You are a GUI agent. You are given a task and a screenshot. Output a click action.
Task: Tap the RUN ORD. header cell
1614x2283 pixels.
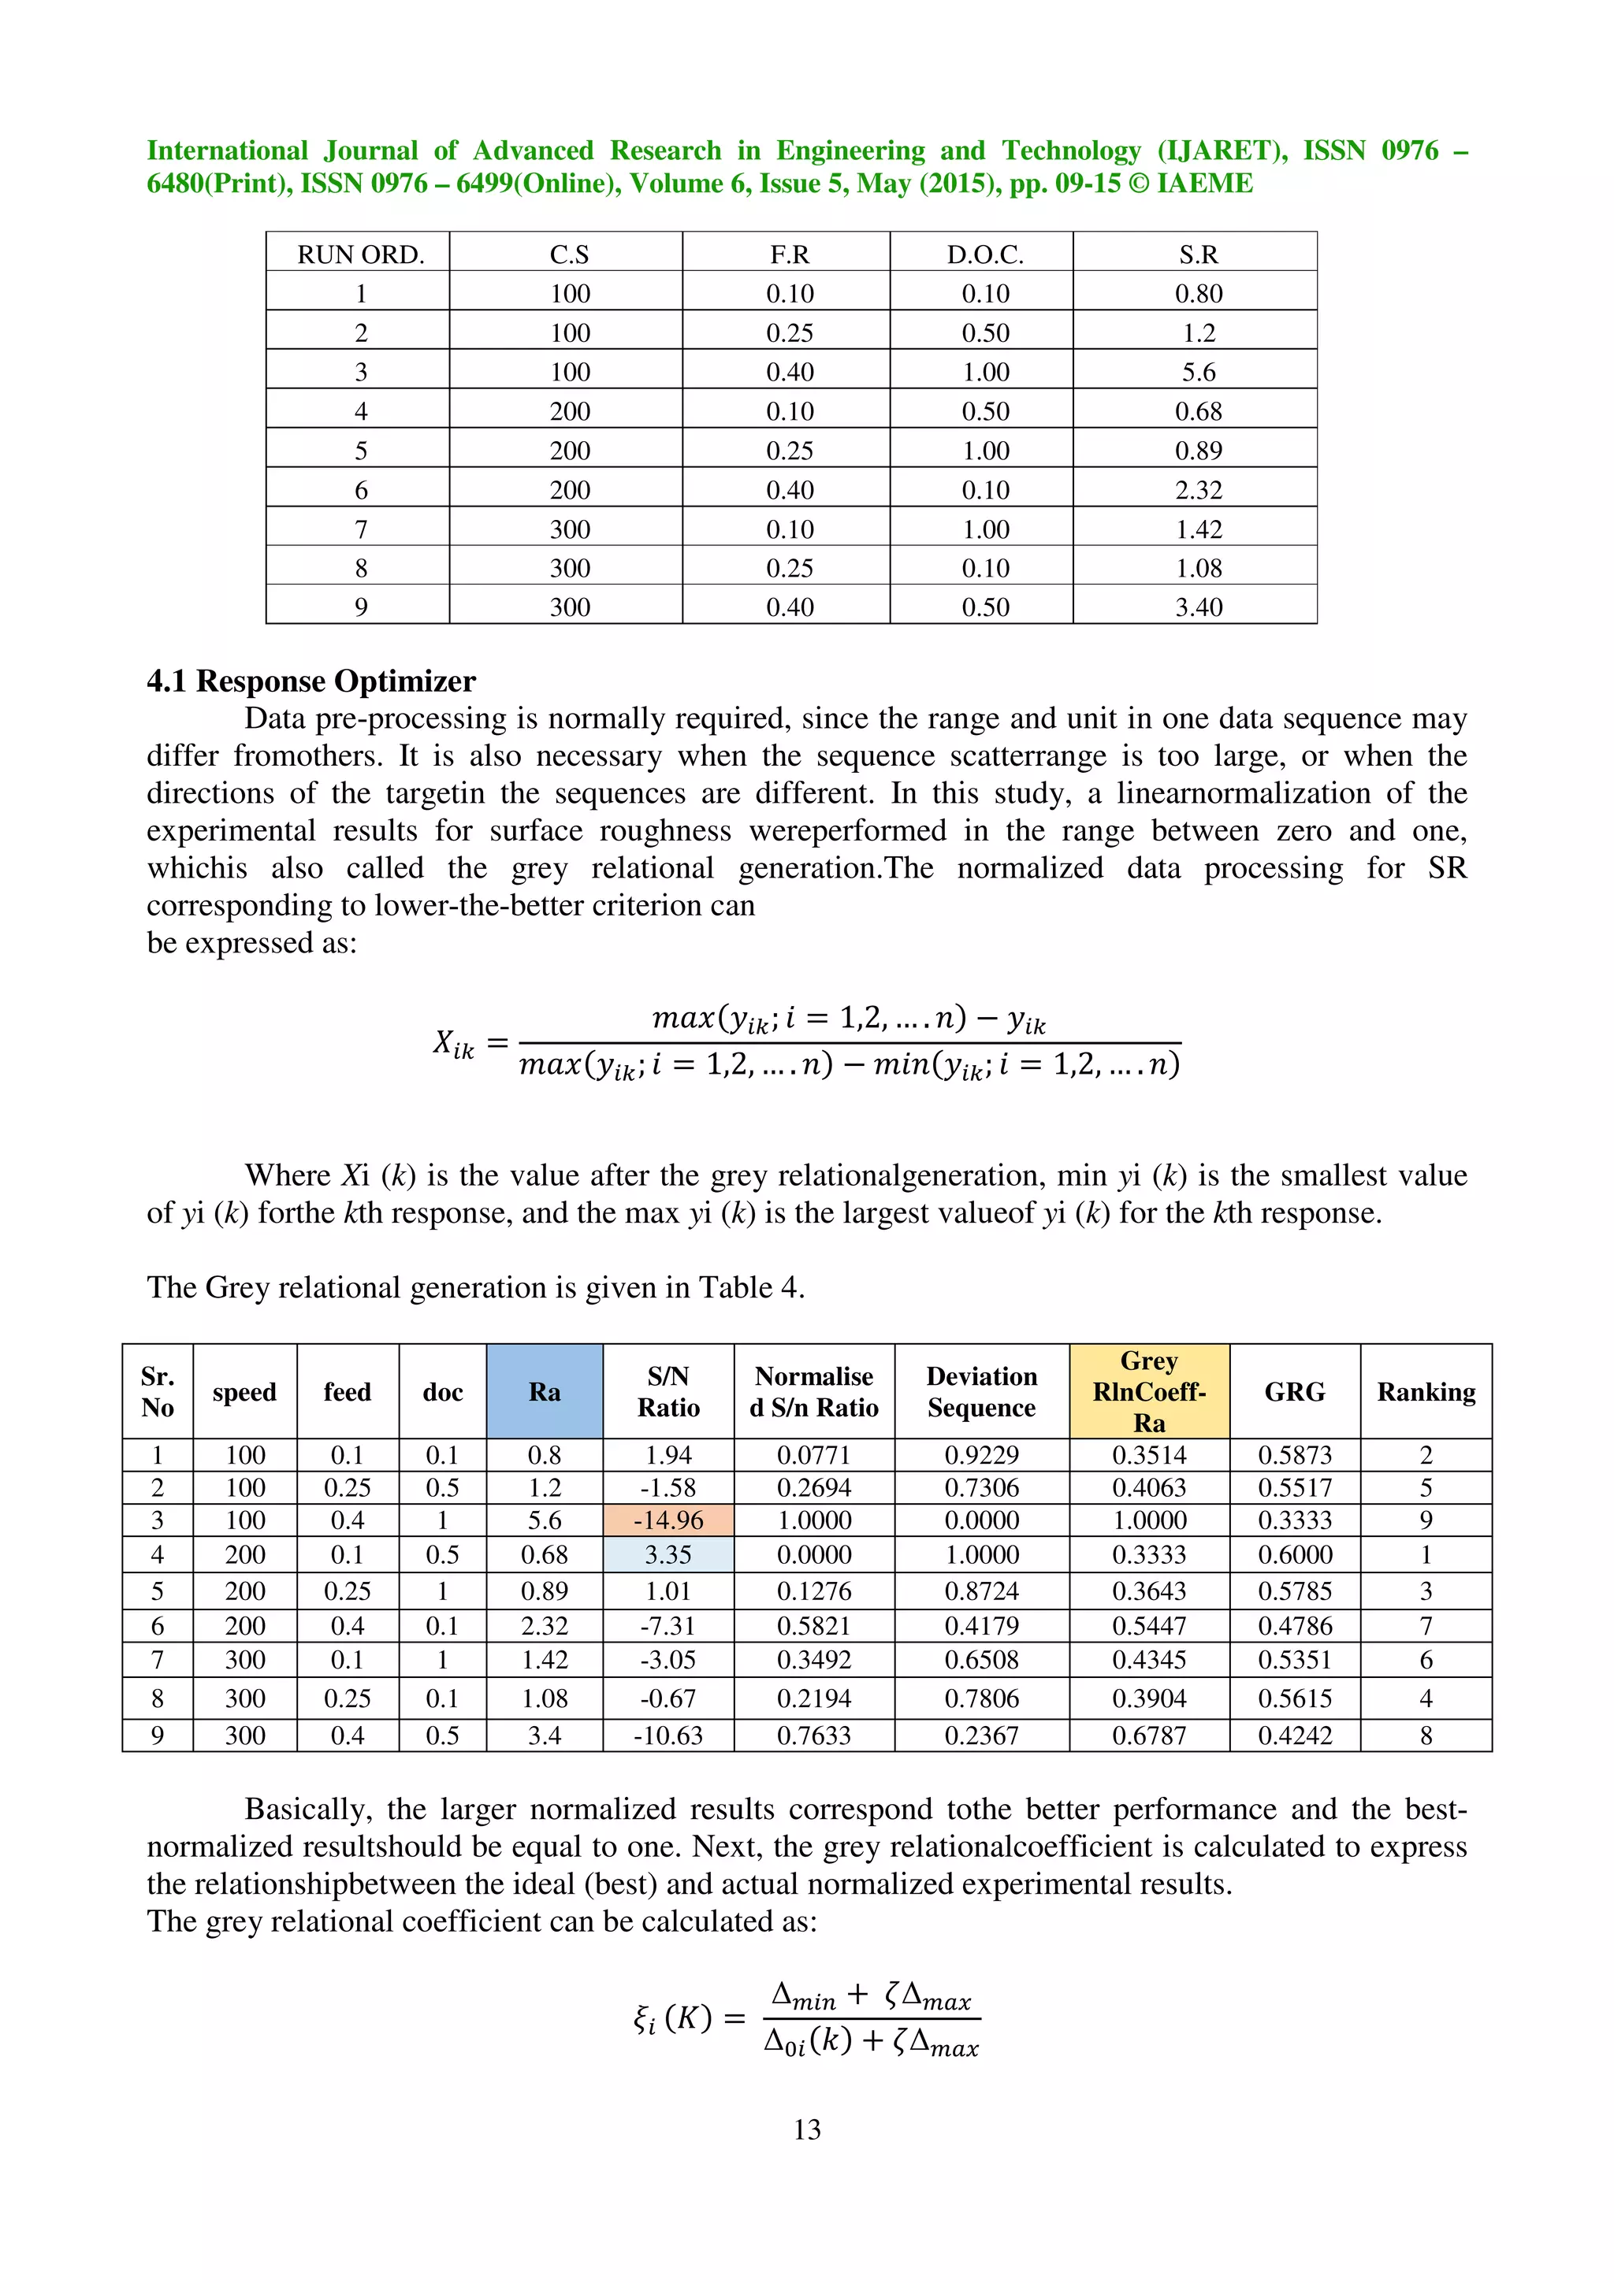[360, 254]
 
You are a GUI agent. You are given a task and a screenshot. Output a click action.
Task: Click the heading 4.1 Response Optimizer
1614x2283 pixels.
[311, 681]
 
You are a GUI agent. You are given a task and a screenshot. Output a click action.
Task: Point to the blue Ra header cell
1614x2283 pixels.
[544, 1391]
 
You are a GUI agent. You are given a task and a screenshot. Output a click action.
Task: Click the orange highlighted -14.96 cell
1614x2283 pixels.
[668, 1520]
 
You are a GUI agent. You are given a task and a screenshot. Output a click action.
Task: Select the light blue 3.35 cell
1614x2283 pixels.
[668, 1554]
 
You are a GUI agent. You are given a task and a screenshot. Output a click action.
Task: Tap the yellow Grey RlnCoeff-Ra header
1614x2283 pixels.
[1148, 1391]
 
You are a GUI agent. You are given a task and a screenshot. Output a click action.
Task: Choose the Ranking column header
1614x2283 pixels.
[1425, 1391]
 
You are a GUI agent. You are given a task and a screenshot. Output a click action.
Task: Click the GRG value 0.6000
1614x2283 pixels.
[1294, 1554]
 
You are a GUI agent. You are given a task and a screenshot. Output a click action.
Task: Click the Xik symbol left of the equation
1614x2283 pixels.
[453, 1043]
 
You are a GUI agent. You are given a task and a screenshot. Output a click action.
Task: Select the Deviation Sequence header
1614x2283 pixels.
[980, 1391]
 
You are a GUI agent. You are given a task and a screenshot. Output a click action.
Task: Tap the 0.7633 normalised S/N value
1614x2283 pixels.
[813, 1735]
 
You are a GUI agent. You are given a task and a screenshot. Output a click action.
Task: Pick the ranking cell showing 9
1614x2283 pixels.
[1425, 1520]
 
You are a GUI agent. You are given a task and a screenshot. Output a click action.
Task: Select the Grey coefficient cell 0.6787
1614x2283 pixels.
[1148, 1735]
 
